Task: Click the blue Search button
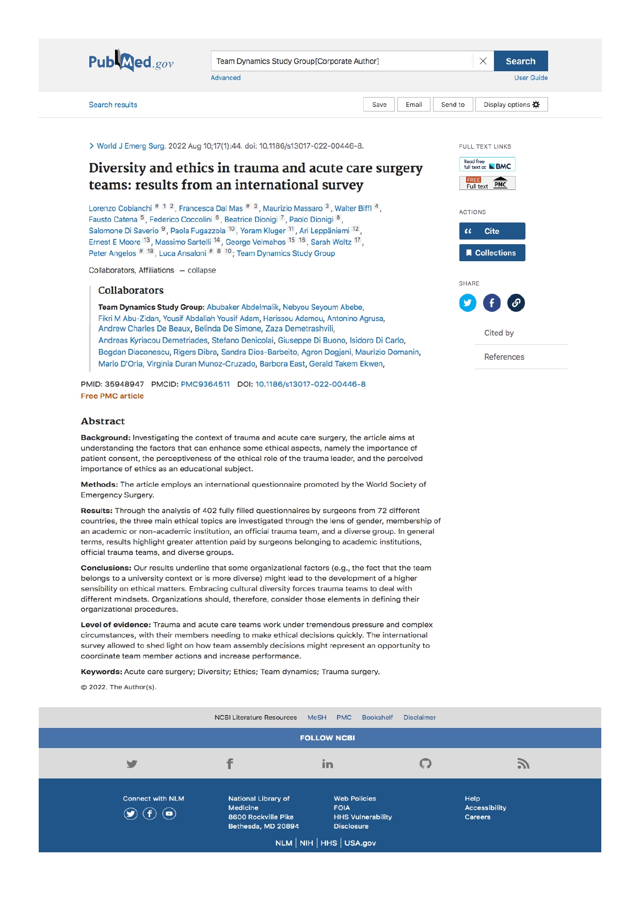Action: pyautogui.click(x=520, y=61)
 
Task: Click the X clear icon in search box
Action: pyautogui.click(x=483, y=61)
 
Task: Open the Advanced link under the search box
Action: pyautogui.click(x=226, y=78)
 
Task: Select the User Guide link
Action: pyautogui.click(x=531, y=78)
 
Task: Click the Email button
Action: pyautogui.click(x=413, y=105)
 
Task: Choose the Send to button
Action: pyautogui.click(x=453, y=105)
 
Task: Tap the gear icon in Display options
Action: pyautogui.click(x=536, y=105)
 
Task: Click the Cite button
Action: pyautogui.click(x=492, y=231)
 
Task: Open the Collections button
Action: pyautogui.click(x=492, y=253)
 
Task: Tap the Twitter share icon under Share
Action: pyautogui.click(x=468, y=303)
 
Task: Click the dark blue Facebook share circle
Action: pyautogui.click(x=492, y=303)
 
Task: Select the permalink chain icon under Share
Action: pyautogui.click(x=516, y=303)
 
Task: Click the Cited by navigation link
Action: pyautogui.click(x=499, y=333)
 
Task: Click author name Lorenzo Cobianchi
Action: pyautogui.click(x=120, y=209)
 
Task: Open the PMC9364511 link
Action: pyautogui.click(x=205, y=384)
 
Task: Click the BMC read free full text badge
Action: pyautogui.click(x=487, y=165)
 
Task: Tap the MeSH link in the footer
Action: pyautogui.click(x=317, y=718)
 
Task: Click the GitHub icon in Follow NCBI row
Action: pyautogui.click(x=425, y=764)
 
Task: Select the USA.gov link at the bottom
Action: pyautogui.click(x=360, y=843)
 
